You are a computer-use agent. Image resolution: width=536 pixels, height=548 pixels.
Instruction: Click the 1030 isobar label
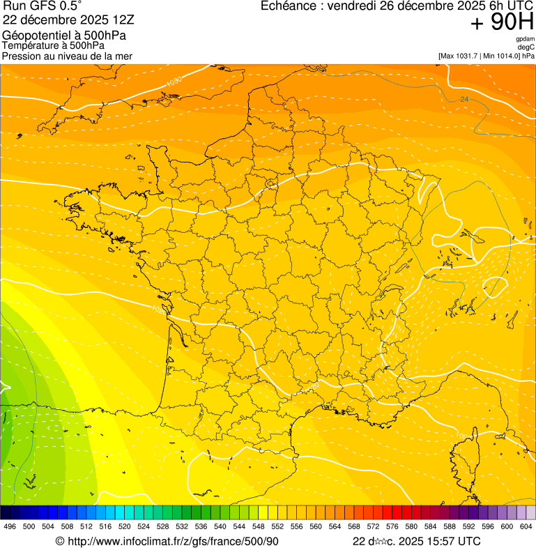[x=174, y=82]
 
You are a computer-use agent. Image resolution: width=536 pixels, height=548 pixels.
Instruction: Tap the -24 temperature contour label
[x=464, y=100]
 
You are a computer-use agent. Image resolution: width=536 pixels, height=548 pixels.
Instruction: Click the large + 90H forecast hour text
[x=502, y=23]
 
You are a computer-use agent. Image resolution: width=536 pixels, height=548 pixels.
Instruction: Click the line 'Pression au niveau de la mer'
[x=67, y=56]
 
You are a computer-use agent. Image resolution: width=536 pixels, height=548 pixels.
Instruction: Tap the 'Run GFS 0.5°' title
[x=42, y=6]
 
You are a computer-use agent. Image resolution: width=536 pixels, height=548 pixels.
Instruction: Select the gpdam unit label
[x=525, y=39]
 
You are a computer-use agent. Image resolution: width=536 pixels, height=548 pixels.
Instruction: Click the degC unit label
[x=526, y=47]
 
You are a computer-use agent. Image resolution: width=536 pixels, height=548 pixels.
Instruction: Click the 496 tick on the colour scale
[x=10, y=526]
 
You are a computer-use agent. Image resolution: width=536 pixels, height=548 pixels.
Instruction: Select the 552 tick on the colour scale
[x=277, y=526]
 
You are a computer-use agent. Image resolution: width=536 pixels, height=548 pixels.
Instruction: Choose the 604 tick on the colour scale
[x=526, y=526]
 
